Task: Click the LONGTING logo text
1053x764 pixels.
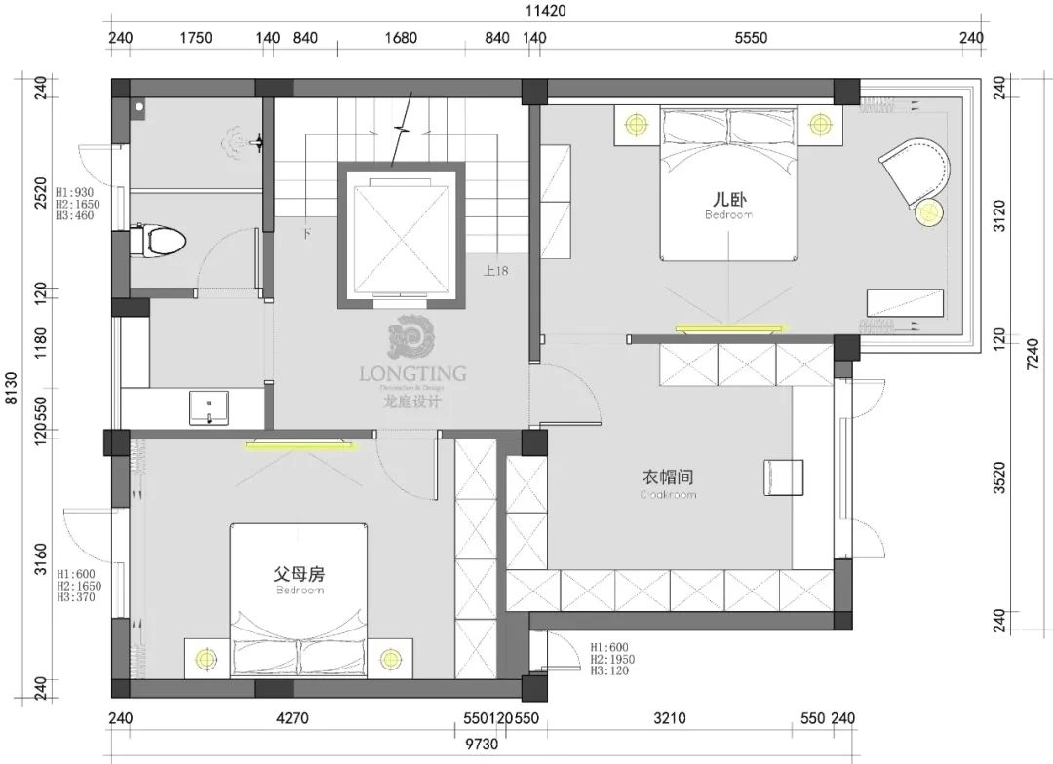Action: coord(412,373)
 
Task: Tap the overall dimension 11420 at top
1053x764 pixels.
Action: coord(545,12)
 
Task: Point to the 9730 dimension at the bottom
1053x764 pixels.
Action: coord(482,745)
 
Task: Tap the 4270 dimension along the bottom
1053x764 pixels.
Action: coord(292,719)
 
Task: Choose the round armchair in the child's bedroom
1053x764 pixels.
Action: coord(916,171)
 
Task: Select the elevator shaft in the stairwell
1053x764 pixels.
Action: coord(402,237)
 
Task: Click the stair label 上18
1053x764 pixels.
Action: coord(495,271)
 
